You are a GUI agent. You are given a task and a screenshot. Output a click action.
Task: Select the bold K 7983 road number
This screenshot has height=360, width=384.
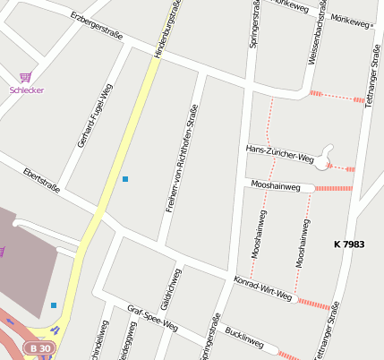coord(349,244)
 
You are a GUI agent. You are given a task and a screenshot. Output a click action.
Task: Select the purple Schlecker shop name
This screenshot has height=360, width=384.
coord(27,90)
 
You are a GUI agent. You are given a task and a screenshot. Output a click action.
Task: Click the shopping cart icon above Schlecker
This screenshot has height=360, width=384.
coord(26,77)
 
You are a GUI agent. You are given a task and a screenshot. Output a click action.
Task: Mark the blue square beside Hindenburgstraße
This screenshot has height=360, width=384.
coord(125,179)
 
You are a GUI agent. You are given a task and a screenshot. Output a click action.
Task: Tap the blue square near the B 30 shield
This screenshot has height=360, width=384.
coord(54,305)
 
